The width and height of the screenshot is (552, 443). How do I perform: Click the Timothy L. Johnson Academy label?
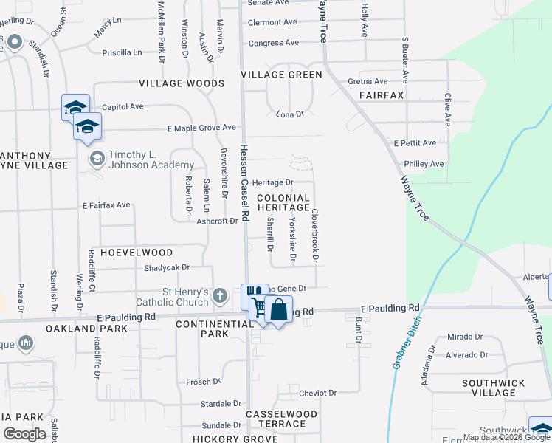(151, 159)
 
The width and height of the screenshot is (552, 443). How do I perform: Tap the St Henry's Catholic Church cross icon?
(219, 296)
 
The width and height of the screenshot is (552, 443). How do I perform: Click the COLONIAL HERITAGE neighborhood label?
(283, 202)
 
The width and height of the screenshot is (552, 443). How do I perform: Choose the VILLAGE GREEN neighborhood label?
(281, 75)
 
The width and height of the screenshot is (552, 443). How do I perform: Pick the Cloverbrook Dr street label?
(314, 236)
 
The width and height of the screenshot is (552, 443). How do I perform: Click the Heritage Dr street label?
(273, 182)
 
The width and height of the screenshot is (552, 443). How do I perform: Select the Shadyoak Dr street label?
(167, 267)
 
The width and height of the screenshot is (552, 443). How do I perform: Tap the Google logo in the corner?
(24, 433)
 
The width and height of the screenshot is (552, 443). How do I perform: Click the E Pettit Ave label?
(415, 142)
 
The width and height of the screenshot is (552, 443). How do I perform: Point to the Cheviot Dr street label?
(319, 393)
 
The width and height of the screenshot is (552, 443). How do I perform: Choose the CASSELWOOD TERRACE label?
(281, 419)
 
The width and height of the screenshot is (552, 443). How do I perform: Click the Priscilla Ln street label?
(122, 52)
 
